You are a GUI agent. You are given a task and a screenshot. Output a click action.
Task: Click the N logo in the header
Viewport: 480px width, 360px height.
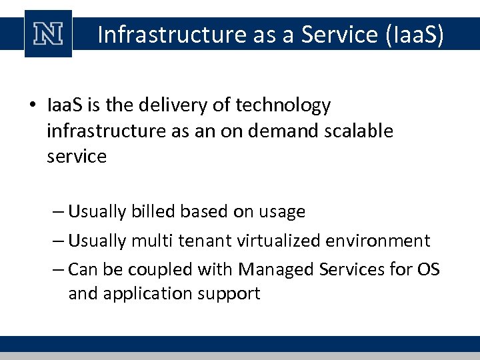pos(48,34)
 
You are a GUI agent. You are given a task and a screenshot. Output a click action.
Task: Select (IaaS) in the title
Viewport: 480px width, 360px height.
pos(414,34)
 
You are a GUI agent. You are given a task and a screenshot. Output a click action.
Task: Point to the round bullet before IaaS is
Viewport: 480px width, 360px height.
pos(31,106)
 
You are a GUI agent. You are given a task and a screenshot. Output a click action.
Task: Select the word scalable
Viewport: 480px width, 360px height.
pos(361,131)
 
